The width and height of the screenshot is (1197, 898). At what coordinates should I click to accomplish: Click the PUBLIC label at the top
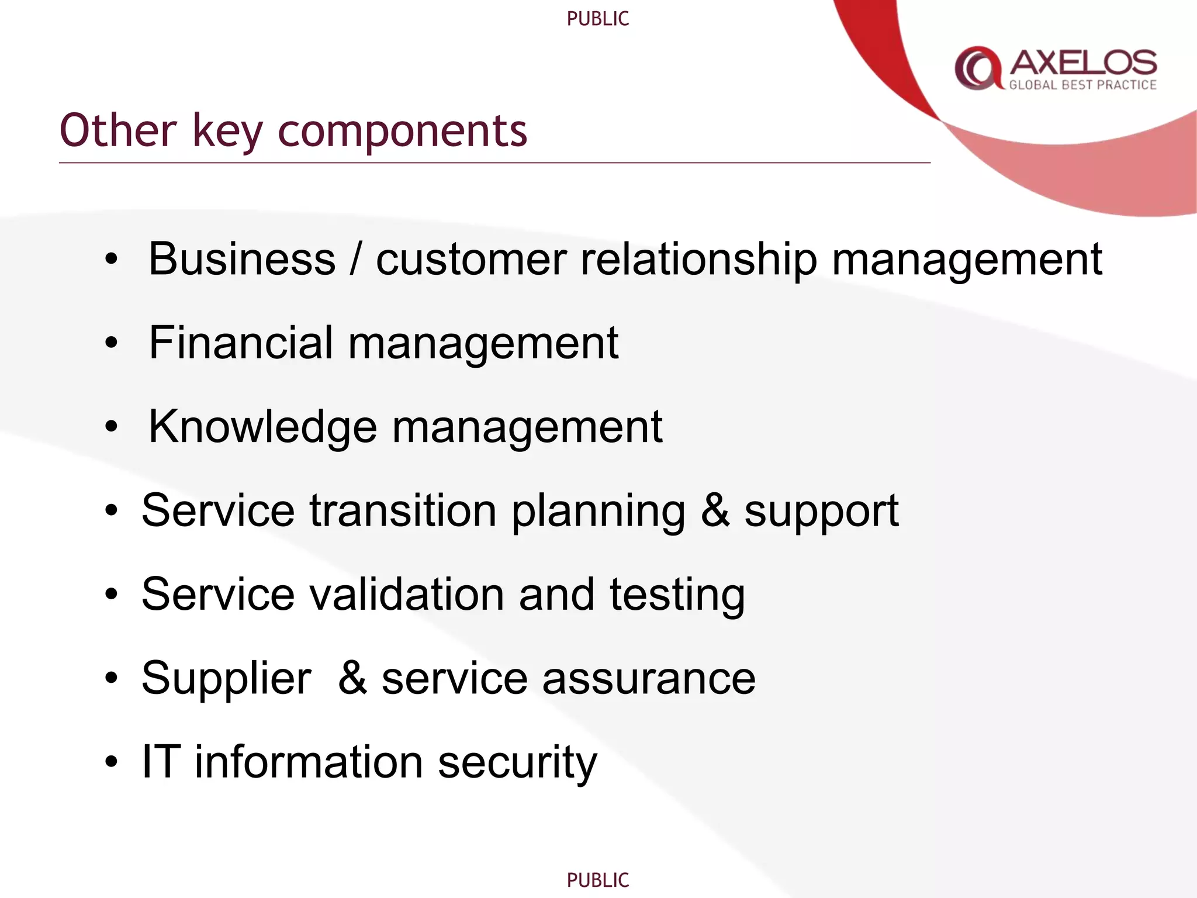point(598,19)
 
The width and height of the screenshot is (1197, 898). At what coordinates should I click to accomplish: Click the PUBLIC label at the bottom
point(598,880)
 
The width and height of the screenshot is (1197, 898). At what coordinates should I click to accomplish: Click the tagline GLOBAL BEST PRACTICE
point(1082,85)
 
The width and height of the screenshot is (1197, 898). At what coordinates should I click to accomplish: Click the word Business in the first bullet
point(242,259)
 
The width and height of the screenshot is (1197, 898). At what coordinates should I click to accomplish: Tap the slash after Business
point(355,259)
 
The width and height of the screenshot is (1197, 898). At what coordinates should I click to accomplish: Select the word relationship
point(698,259)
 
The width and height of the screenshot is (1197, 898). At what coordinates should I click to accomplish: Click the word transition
point(403,511)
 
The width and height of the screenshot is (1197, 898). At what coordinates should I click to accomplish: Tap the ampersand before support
point(715,511)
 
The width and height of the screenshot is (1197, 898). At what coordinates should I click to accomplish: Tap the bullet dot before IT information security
point(111,762)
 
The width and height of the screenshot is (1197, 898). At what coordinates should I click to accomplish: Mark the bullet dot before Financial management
point(111,344)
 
